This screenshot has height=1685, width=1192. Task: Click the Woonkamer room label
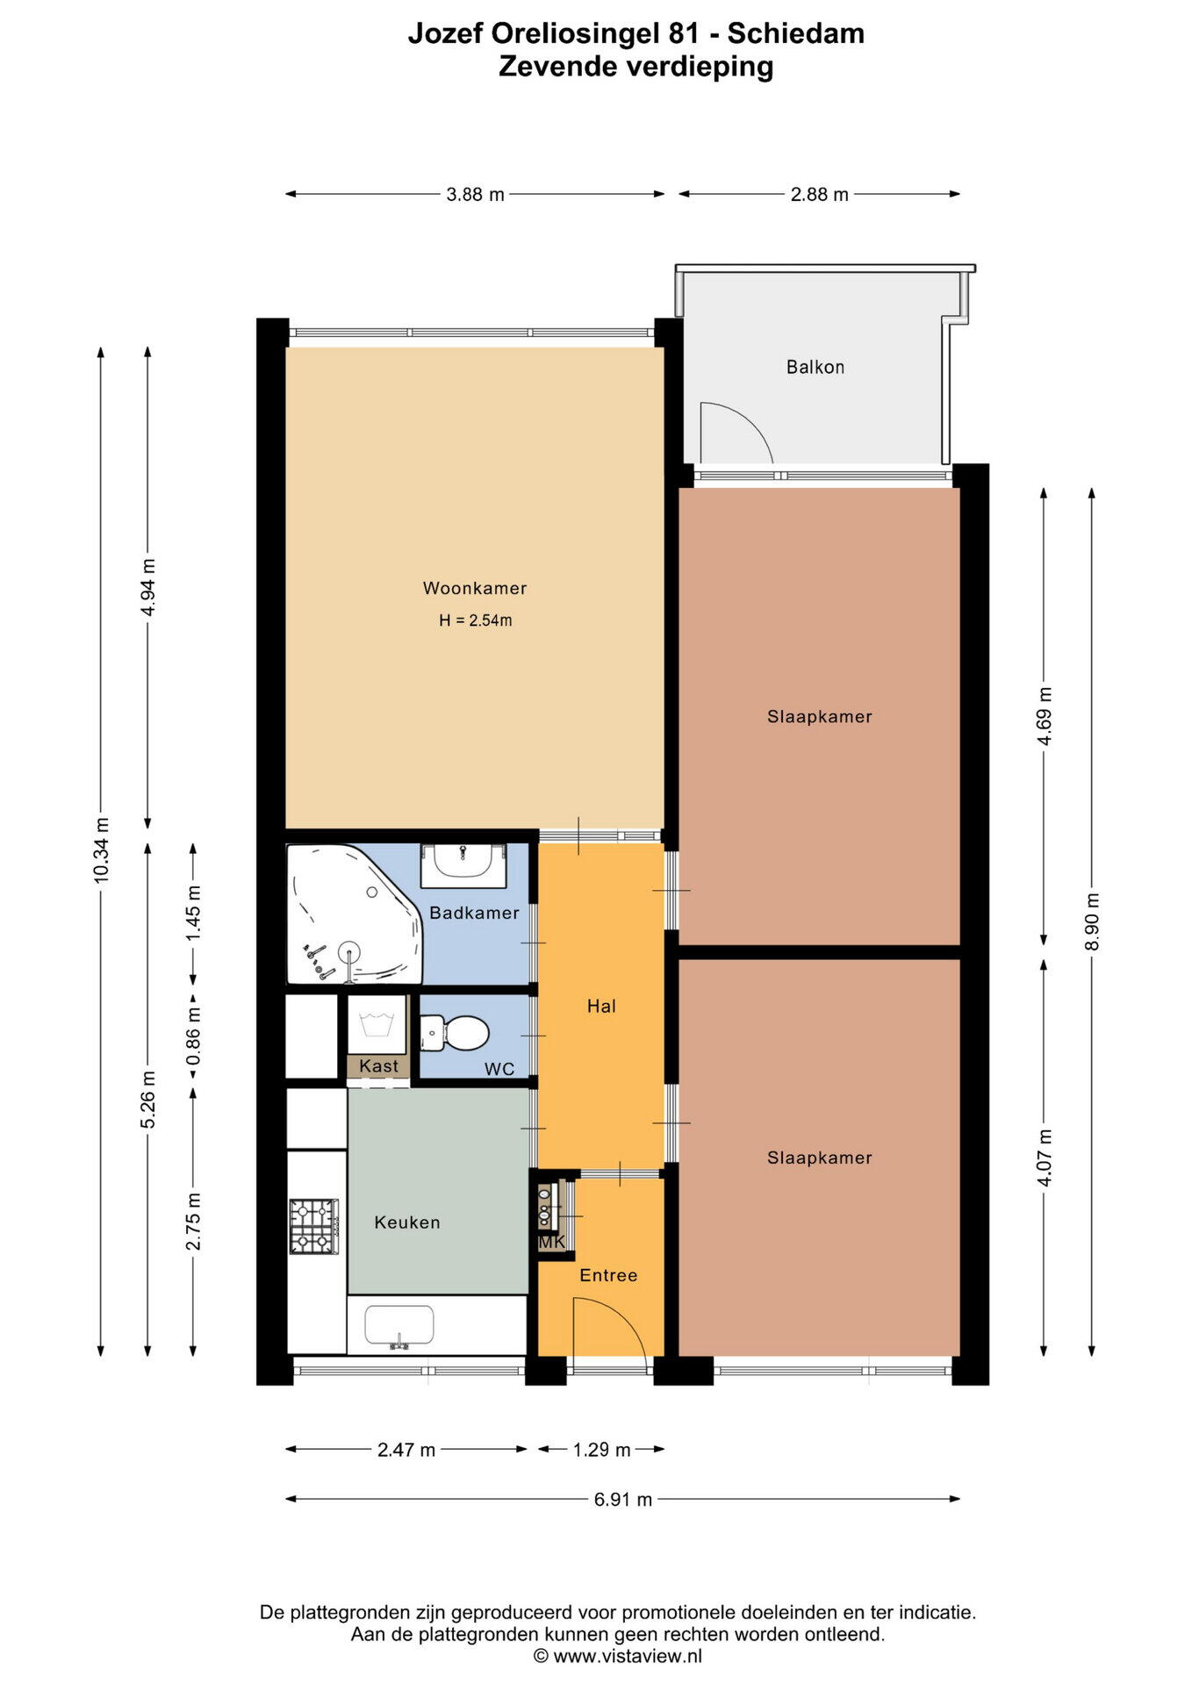click(475, 588)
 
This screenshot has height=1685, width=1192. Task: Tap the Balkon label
click(815, 367)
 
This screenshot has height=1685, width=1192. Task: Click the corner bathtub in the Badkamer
click(355, 914)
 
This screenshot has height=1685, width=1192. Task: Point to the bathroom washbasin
click(463, 865)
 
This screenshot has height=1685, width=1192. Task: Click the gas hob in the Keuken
click(314, 1226)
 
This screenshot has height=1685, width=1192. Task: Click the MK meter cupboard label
click(552, 1242)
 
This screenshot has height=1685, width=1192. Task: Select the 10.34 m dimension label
click(102, 850)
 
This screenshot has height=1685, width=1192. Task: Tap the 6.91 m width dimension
click(623, 1499)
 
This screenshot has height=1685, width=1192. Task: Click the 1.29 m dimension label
click(602, 1449)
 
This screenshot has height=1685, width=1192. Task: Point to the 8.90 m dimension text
click(1092, 921)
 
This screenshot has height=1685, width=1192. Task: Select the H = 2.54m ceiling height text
click(476, 620)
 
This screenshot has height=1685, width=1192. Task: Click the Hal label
click(601, 1007)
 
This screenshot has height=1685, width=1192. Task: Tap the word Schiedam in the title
click(796, 33)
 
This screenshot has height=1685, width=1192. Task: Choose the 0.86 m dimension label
click(194, 1036)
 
